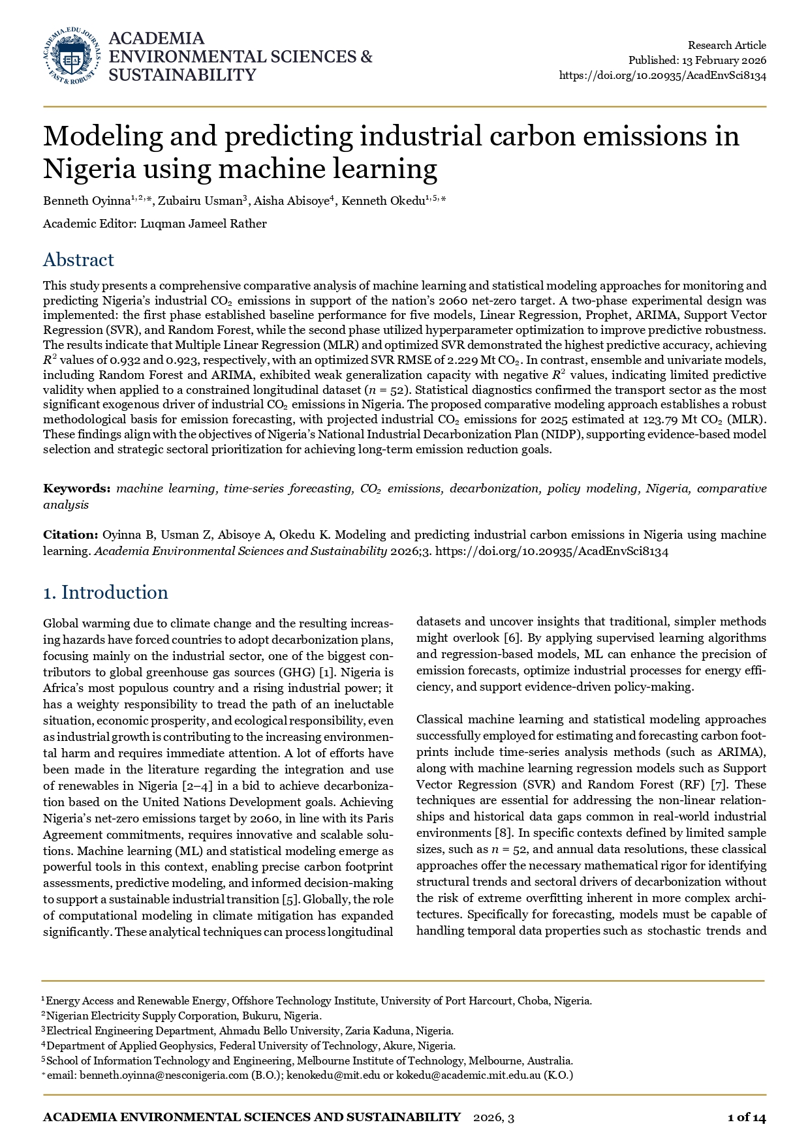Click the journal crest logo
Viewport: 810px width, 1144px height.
pos(72,56)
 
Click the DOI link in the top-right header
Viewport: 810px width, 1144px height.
pos(662,75)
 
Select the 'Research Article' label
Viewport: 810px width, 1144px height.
pos(726,45)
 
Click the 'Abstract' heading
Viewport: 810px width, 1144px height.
pos(78,260)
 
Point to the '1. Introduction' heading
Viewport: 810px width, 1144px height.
pos(105,592)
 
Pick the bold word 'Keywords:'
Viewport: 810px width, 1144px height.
pos(77,489)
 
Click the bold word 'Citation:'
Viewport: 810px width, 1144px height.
pos(70,535)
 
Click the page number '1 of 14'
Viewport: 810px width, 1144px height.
pos(746,1117)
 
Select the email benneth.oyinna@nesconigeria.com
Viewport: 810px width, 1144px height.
pos(164,1075)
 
